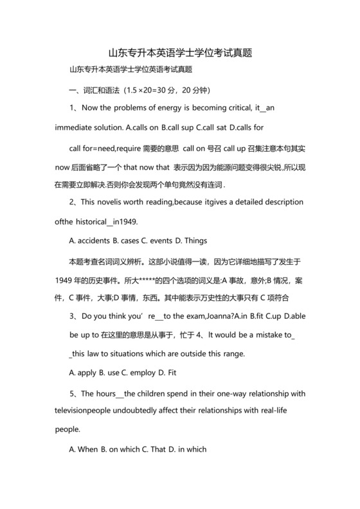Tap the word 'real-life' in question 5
[278, 411]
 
